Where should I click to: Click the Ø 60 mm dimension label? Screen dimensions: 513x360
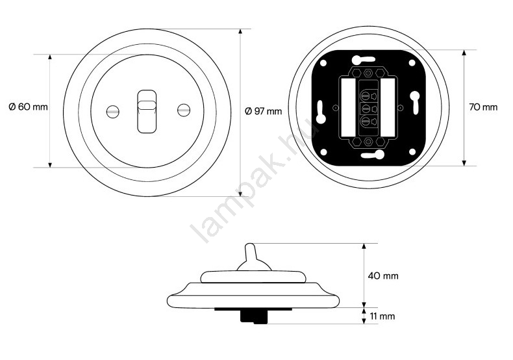pos(28,107)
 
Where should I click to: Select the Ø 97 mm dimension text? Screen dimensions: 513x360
pos(264,111)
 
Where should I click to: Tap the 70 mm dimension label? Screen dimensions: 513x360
pos(483,107)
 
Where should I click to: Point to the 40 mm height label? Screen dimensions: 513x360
pos(383,276)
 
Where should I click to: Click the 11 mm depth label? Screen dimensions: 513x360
pos(382,316)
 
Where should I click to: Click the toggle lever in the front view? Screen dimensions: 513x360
pos(147,111)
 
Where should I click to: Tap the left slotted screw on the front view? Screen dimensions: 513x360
pos(112,112)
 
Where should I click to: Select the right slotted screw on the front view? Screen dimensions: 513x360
pos(183,110)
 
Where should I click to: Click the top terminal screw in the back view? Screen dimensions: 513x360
pos(365,96)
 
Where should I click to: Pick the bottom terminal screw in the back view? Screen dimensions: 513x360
pos(365,121)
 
